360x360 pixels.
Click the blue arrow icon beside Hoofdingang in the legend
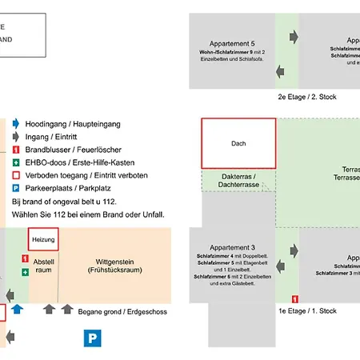(16, 124)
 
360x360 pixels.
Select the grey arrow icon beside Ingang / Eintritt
(16, 137)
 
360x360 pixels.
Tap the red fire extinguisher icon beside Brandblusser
(16, 150)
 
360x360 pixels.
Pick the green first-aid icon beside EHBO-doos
(16, 162)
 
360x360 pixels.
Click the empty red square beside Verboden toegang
(16, 175)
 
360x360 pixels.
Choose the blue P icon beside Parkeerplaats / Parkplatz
(16, 189)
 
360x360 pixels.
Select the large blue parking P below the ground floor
(94, 338)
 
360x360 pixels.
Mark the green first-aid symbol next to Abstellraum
(26, 273)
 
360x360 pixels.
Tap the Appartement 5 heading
(232, 43)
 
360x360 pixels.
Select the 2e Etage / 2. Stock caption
(307, 97)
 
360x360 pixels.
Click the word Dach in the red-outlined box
(238, 144)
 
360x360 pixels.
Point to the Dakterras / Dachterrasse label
(238, 181)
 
